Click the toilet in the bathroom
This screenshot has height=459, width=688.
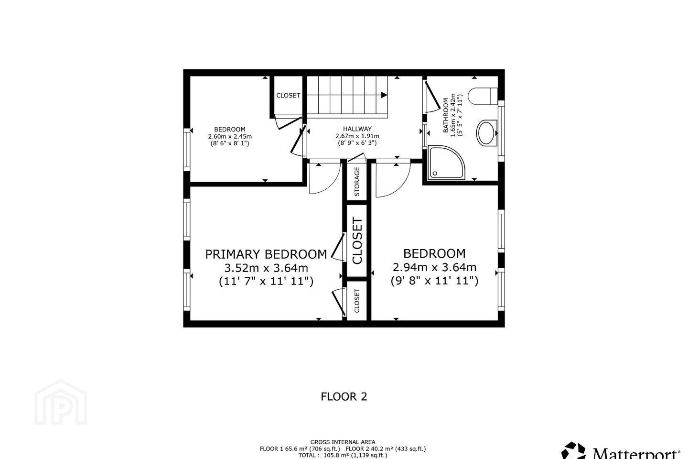coord(483,96)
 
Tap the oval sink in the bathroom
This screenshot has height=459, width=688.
coord(487,133)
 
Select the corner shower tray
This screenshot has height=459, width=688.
coord(446,163)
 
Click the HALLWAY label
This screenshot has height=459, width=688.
coord(357,129)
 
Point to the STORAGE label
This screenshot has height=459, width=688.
coord(357,182)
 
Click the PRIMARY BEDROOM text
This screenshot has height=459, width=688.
coord(266,254)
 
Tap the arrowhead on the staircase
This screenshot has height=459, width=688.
coord(384,95)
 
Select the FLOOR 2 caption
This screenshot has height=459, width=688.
coord(344,396)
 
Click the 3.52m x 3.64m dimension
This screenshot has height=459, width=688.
coord(266,268)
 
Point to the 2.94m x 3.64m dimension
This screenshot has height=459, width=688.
coord(435,267)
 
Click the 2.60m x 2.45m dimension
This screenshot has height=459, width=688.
coord(230,136)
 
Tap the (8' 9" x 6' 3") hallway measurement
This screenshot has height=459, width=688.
coord(357,143)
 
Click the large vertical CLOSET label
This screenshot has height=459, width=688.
coord(357,240)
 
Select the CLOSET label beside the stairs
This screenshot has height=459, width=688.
coord(288,95)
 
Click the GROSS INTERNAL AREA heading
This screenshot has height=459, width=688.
coord(343,442)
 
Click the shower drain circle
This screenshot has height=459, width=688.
coord(435,174)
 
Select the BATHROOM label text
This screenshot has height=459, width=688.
coord(445,116)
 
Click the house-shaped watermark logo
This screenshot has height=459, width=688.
coord(61,402)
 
